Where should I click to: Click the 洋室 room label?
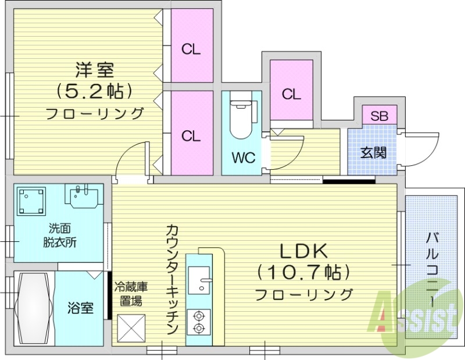(x=94, y=70)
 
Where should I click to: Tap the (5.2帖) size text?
(x=94, y=91)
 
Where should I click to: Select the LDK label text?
(x=305, y=251)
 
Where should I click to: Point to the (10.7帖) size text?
(x=305, y=272)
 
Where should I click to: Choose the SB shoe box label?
(x=380, y=115)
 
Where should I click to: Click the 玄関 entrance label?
(x=374, y=152)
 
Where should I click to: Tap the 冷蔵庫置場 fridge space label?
(x=129, y=294)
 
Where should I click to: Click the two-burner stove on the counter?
(x=199, y=323)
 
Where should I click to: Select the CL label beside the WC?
(x=292, y=94)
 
